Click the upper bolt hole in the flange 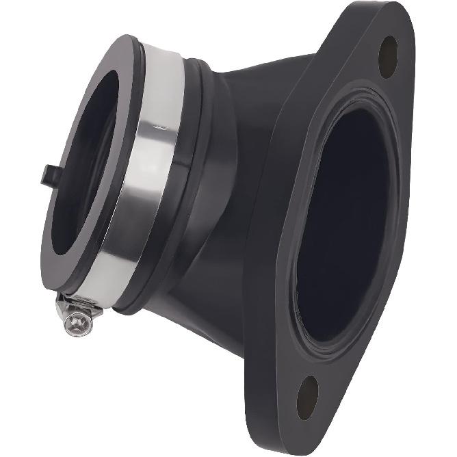tap(388, 56)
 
